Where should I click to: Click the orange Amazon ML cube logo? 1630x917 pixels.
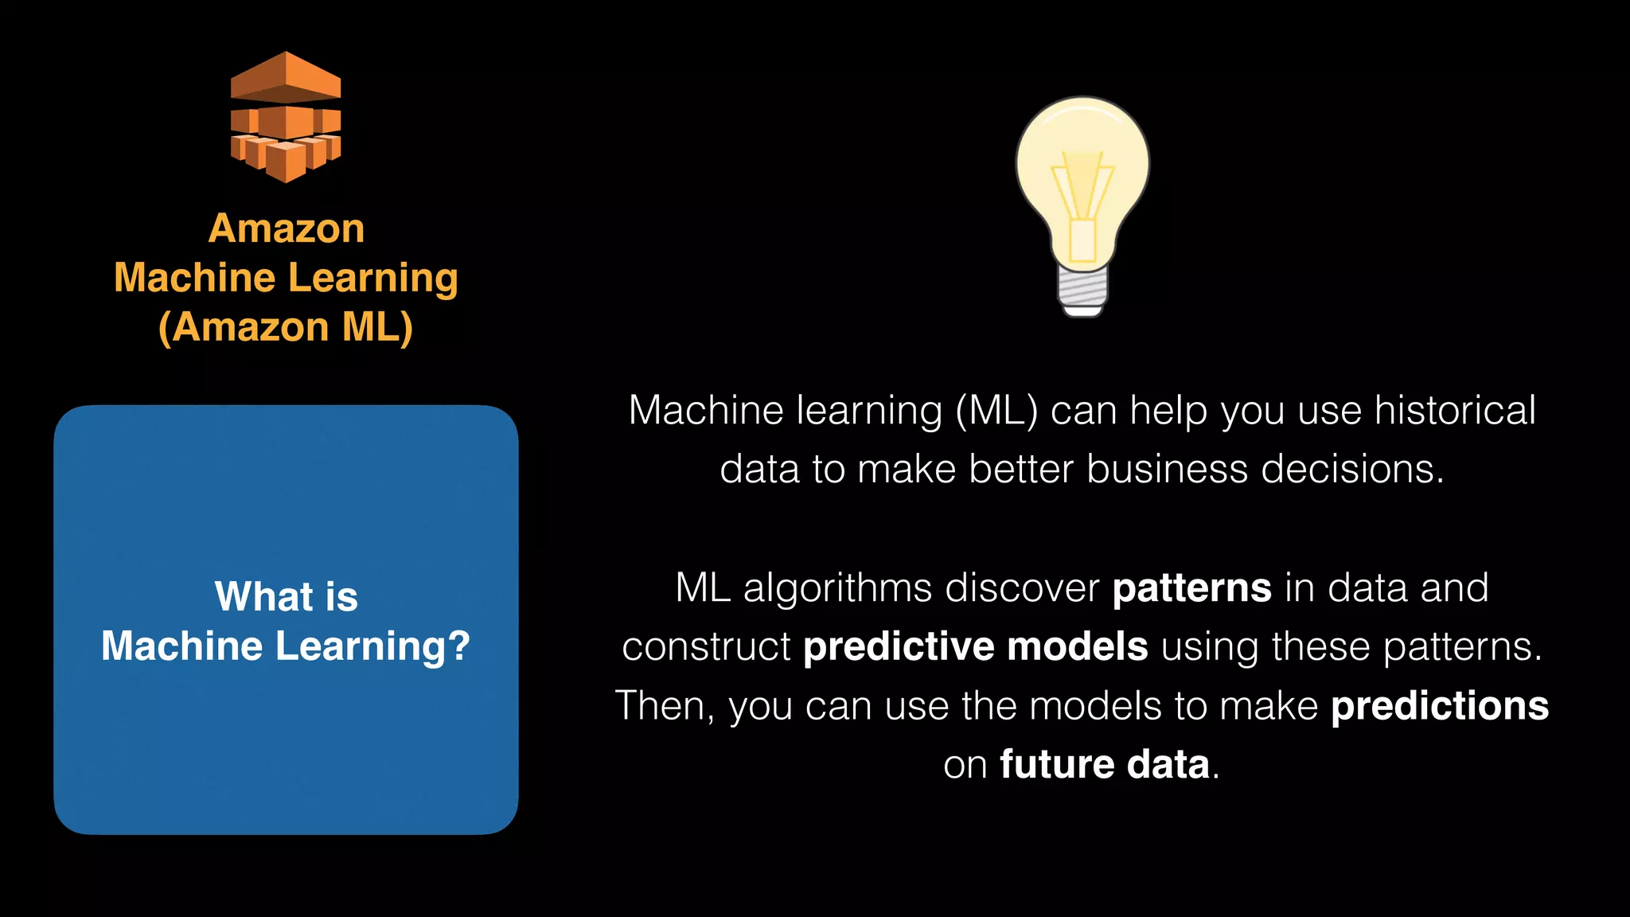pyautogui.click(x=286, y=118)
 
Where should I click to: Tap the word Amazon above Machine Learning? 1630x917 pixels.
pyautogui.click(x=287, y=229)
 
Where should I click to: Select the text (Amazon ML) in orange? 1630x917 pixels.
pyautogui.click(x=286, y=327)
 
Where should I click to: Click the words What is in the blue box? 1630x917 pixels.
pyautogui.click(x=287, y=596)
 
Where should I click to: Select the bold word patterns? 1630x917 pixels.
pyautogui.click(x=1191, y=588)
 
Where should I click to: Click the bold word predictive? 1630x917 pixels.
pyautogui.click(x=898, y=646)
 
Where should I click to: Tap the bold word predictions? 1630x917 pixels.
pyautogui.click(x=1440, y=706)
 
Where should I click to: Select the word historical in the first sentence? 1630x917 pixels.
pyautogui.click(x=1455, y=411)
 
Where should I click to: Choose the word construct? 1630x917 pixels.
pyautogui.click(x=706, y=647)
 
